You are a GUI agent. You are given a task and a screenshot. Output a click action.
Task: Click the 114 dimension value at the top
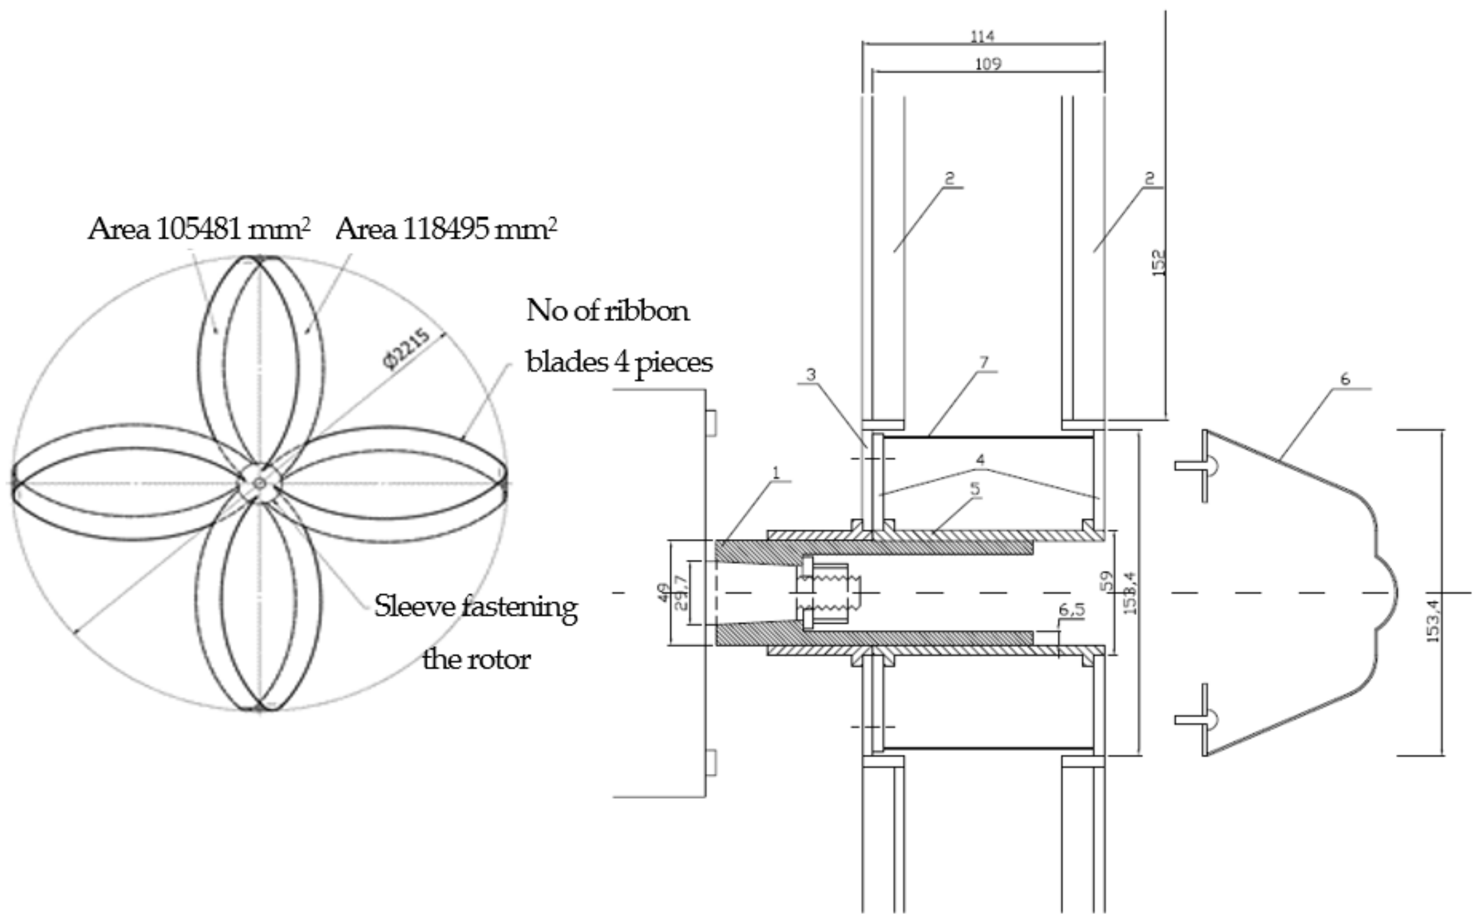[x=982, y=37]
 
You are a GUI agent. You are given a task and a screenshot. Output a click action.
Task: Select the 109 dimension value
[x=988, y=63]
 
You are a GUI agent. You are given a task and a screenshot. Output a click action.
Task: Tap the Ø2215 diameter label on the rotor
[x=406, y=349]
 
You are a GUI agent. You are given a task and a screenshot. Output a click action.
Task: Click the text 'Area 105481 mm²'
[x=198, y=229]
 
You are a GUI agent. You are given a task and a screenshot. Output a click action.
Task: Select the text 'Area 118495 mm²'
[x=446, y=229]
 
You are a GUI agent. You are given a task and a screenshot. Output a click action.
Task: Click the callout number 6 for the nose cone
[x=1345, y=380]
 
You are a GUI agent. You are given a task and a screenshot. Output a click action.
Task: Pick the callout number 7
[x=983, y=362]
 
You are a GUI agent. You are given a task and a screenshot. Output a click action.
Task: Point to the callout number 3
[x=810, y=374]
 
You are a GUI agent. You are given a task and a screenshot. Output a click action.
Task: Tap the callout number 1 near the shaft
[x=776, y=472]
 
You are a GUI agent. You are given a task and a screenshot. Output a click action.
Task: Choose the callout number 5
[x=974, y=488]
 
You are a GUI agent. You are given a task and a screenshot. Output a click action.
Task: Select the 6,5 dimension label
[x=1072, y=610]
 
